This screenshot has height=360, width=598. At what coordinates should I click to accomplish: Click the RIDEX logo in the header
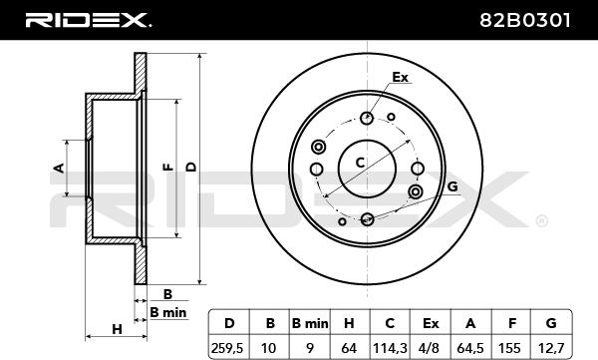tap(89, 20)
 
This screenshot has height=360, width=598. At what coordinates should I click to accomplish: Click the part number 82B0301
tap(525, 20)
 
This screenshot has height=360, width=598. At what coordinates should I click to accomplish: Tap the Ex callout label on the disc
tap(400, 78)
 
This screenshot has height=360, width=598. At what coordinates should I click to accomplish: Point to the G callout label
tap(452, 186)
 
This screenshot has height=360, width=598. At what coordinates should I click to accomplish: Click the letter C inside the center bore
tap(360, 163)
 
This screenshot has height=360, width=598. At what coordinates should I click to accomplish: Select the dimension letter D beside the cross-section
tap(191, 167)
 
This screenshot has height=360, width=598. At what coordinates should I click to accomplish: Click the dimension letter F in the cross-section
tap(168, 167)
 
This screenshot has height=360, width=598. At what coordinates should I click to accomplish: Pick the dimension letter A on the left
tap(59, 168)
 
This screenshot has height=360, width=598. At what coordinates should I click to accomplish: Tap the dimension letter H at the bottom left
tap(117, 329)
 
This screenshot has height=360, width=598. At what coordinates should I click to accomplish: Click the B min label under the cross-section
tap(168, 313)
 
